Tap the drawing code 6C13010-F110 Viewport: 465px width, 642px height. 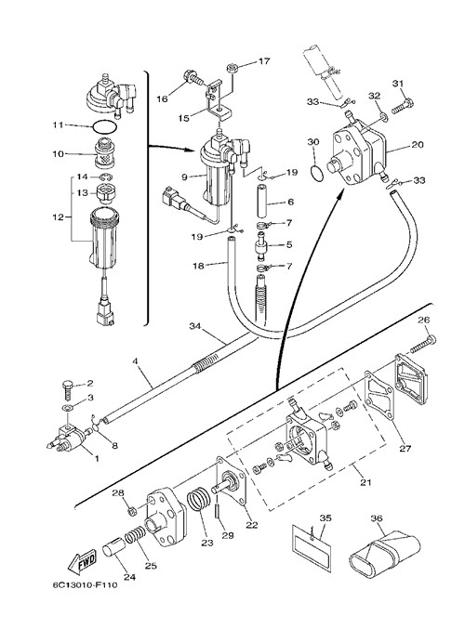click(85, 584)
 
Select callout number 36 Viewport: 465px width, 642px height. click(376, 518)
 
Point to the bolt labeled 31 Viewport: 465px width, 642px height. click(403, 106)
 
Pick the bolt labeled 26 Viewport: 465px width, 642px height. click(422, 345)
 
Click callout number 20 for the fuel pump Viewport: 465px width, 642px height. click(418, 145)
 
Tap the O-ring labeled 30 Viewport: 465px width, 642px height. click(316, 173)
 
